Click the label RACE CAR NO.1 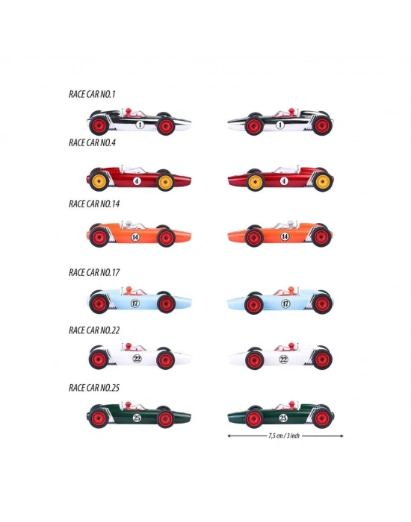point(92,94)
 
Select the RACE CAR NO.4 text point(92,142)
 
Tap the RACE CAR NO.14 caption point(94,204)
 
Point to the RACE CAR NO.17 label point(94,272)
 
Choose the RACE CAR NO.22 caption point(94,330)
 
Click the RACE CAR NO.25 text point(94,388)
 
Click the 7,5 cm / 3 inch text point(284,435)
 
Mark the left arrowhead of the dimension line point(229,435)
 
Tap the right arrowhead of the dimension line point(342,435)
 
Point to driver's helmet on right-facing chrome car point(129,110)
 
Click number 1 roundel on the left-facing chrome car point(280,125)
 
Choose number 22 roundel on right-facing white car point(137,359)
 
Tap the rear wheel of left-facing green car point(322,418)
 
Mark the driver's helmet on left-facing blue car point(291,289)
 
